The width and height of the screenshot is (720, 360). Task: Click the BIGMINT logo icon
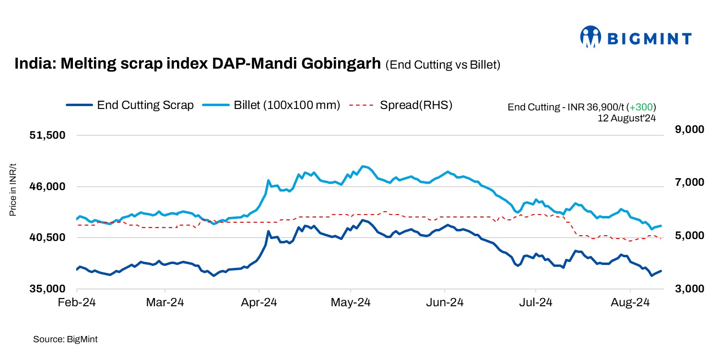click(x=590, y=37)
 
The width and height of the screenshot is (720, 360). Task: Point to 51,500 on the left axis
click(x=47, y=135)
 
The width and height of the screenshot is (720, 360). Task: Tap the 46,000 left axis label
click(x=47, y=187)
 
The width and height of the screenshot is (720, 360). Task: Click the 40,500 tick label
click(x=47, y=238)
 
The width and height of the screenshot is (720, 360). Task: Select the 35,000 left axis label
click(x=47, y=289)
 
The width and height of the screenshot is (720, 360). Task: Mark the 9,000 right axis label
click(x=676, y=130)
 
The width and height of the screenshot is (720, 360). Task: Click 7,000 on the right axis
click(x=676, y=182)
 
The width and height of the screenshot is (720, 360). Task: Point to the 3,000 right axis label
click(x=676, y=289)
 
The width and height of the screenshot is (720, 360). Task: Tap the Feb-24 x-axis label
click(x=77, y=303)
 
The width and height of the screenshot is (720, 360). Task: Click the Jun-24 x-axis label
click(x=445, y=303)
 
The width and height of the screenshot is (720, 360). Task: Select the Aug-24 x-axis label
click(x=630, y=303)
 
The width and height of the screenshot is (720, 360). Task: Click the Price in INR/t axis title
click(x=13, y=189)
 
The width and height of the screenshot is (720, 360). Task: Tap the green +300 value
click(x=643, y=107)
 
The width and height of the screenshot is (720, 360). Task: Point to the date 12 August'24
click(x=626, y=117)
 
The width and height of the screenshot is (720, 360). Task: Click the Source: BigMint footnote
click(x=65, y=339)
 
